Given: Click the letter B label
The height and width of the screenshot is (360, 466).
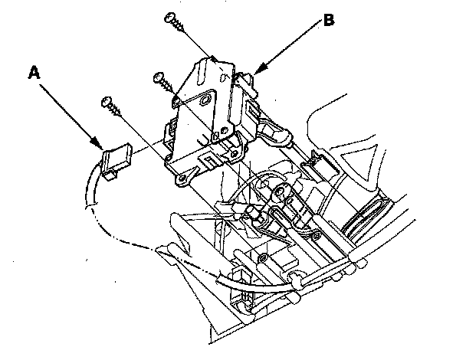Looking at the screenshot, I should [x=328, y=21].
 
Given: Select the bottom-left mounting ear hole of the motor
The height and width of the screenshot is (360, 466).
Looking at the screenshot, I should [x=183, y=178].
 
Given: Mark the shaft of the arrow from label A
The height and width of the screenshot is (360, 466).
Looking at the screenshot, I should [x=69, y=112].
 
